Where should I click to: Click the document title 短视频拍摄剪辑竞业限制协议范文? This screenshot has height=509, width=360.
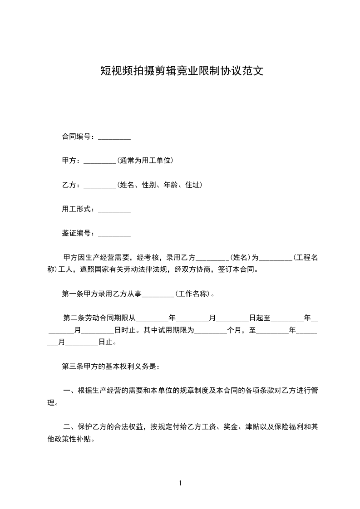[x=182, y=71]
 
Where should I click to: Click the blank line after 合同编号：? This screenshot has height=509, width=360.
[x=114, y=137]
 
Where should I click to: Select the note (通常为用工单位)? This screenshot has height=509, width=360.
[x=145, y=161]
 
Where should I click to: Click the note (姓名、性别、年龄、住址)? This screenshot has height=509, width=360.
[x=159, y=185]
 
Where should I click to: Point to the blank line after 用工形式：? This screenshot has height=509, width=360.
[x=114, y=209]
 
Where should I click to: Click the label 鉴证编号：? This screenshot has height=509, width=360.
[x=79, y=234]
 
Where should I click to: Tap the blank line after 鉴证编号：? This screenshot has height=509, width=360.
[x=114, y=234]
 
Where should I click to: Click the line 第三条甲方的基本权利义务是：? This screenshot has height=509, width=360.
[x=110, y=366]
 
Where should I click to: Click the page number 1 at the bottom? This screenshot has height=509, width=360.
[x=180, y=484]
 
